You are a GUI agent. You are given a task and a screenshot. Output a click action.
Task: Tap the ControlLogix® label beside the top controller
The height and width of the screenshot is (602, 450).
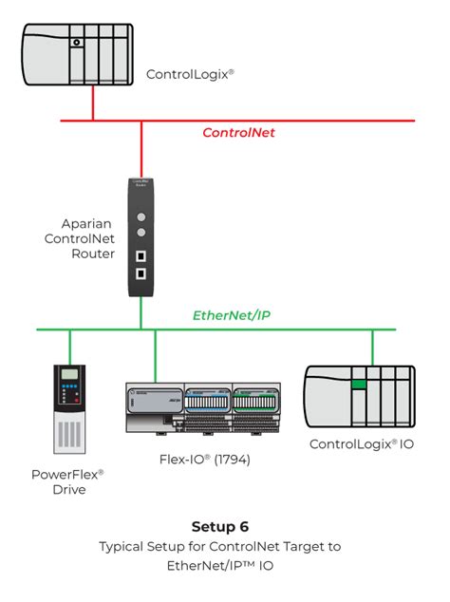coord(190,73)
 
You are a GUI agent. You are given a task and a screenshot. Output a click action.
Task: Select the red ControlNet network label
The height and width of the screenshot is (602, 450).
coord(238,133)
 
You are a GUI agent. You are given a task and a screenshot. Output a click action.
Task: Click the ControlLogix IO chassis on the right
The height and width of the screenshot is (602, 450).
coord(358,396)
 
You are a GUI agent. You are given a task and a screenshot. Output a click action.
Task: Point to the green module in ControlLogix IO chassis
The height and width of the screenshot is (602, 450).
coord(358,384)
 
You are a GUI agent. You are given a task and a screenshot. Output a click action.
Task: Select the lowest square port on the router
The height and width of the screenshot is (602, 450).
coord(141,273)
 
